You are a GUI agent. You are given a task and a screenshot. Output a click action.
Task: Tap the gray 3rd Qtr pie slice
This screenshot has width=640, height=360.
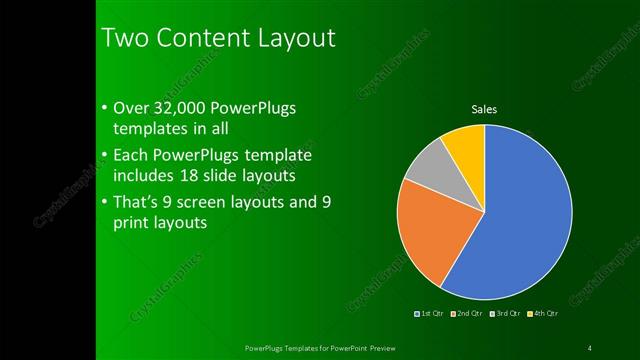[x=427, y=166]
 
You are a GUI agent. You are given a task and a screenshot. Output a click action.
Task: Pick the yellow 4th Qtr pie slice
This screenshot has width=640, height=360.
[x=466, y=143]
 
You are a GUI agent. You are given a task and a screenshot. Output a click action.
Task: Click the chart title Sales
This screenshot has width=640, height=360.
[x=484, y=110]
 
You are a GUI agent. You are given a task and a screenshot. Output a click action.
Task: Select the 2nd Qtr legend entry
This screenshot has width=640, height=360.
[x=468, y=314]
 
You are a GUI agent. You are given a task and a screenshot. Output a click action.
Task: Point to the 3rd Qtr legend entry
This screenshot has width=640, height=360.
[x=504, y=314]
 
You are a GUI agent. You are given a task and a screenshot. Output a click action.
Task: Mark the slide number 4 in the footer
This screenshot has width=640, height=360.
[x=590, y=348]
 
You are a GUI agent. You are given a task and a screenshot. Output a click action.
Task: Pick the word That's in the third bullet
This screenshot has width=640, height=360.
[x=139, y=202]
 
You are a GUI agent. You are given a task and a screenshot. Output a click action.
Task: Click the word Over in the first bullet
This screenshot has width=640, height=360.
[x=133, y=107]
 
